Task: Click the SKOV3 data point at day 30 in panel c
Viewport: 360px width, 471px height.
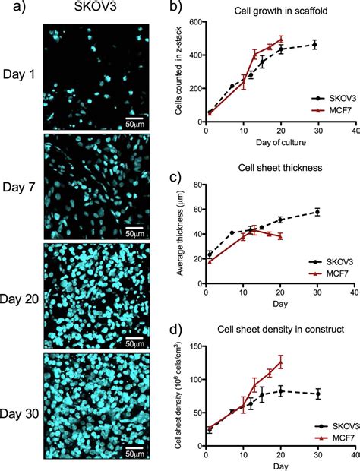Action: coord(317,212)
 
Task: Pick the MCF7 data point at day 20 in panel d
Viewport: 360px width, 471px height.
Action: coord(281,362)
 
